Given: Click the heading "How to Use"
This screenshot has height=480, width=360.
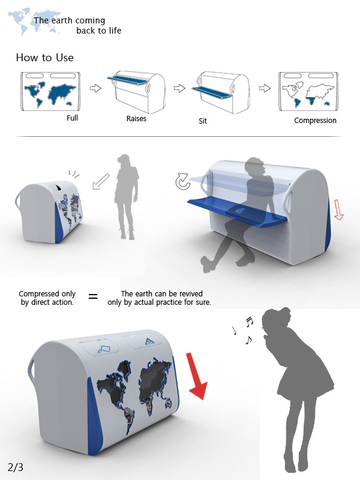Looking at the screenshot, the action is [44, 58].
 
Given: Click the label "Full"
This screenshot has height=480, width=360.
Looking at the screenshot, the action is [72, 118].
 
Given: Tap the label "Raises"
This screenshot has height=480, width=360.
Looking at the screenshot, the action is [136, 118].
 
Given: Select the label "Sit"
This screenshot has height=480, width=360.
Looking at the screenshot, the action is [203, 121].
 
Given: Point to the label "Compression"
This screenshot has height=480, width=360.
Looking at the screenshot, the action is [316, 121].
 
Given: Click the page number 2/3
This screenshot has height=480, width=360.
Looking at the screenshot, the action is [16, 467].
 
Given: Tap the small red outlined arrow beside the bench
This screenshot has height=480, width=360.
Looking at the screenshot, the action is [338, 209].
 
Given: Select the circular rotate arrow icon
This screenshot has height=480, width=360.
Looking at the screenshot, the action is [183, 182].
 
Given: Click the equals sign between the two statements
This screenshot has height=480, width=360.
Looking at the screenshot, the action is [93, 296].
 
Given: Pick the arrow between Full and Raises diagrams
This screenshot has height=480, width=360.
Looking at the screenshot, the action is [95, 88].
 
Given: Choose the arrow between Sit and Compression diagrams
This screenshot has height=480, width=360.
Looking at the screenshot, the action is [265, 88].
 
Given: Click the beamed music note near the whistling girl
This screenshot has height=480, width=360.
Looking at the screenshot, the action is [250, 322].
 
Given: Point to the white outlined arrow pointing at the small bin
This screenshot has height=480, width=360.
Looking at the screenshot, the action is [101, 182].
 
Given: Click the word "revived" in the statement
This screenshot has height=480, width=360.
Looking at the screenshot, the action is [191, 293].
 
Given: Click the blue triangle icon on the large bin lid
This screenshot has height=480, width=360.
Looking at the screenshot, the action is [149, 341].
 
